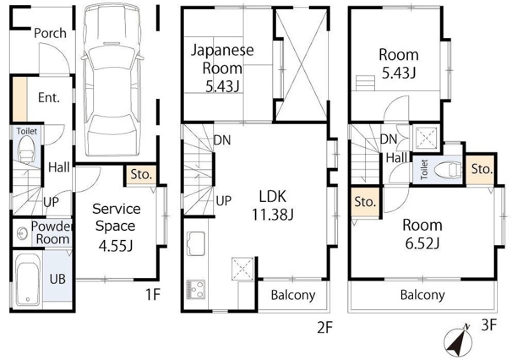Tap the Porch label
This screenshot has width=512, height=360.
point(50,33)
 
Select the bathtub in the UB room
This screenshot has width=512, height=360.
point(28,279)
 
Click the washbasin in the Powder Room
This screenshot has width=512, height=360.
point(22,233)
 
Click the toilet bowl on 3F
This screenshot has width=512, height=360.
point(448,169)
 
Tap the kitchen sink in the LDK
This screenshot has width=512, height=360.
point(196,243)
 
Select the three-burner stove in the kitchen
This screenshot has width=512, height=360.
point(196,289)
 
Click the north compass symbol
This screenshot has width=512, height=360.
point(458,341)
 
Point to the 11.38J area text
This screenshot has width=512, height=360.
point(272,214)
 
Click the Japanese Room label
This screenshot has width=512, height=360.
point(222,59)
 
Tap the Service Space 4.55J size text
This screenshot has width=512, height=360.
point(115,246)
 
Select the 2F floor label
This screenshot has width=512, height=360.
point(325,328)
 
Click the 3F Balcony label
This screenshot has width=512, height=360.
point(422,295)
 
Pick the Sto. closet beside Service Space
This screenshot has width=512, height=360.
point(142,175)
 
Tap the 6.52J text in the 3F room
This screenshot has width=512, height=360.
point(422,243)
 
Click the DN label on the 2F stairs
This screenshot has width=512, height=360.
point(222,140)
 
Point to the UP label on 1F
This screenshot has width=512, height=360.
point(51,202)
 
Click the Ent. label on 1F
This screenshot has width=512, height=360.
point(49,97)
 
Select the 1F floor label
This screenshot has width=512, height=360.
point(152,295)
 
